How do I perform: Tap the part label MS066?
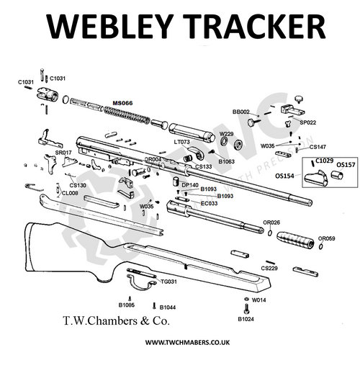pos(122,104)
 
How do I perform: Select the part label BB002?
pos(240,112)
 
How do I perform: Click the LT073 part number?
pos(181,142)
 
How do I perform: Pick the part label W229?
pos(226,134)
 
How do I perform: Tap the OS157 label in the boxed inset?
pos(346,164)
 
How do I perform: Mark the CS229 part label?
pos(269,268)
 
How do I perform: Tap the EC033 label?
pos(210,204)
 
